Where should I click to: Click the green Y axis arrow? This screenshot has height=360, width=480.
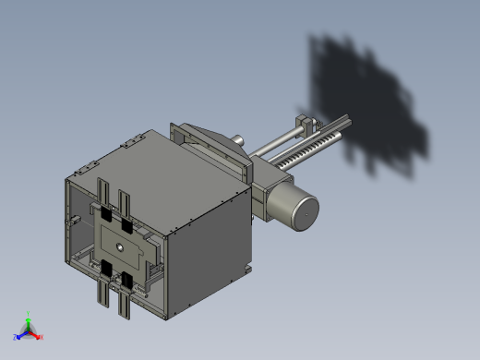28,317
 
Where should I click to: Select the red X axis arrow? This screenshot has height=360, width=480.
39,336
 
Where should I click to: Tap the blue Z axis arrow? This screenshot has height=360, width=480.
18,336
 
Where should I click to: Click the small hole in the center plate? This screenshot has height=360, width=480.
119,246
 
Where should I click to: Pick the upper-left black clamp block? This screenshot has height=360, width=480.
106,215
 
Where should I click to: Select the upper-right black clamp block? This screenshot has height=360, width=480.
127,227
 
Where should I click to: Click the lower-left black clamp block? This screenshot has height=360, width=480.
107,268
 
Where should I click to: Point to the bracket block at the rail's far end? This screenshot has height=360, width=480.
306,123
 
